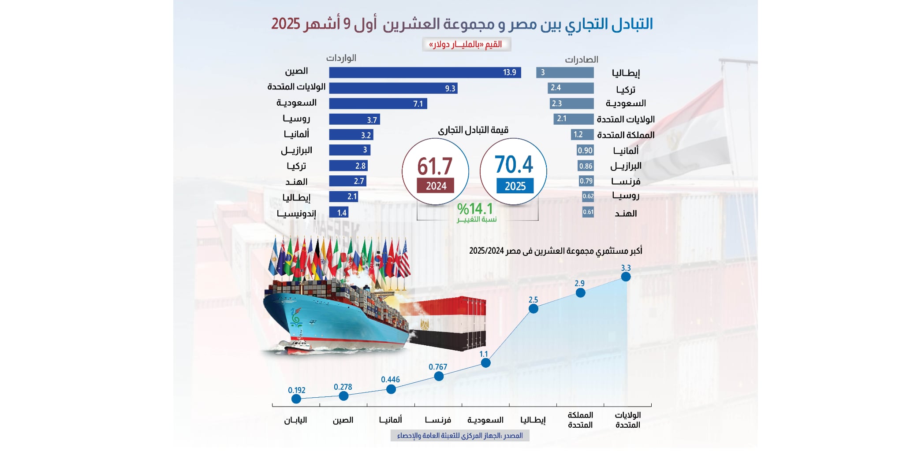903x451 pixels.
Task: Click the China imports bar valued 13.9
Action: coord(425,73)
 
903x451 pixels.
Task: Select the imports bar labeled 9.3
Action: coord(393,89)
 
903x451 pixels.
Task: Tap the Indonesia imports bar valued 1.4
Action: coord(339,213)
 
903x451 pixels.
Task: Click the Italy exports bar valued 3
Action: coord(565,73)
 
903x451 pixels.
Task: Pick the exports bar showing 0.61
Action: coord(588,212)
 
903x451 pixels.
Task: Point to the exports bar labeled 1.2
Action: coord(582,135)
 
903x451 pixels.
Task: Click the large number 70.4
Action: coord(514,164)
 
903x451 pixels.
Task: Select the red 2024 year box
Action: coord(436,186)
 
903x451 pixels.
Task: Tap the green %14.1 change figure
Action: coord(475,209)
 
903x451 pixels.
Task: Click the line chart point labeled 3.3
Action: coord(626,277)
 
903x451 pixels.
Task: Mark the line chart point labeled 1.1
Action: coord(485,363)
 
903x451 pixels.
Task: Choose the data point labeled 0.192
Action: coord(296,399)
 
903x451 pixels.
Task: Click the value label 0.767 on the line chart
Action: coord(438,367)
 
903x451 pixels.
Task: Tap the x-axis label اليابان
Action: coord(295,420)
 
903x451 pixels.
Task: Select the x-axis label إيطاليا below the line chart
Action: coord(533,420)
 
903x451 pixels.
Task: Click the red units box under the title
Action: coord(466,44)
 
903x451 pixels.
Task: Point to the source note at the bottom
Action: coord(460,436)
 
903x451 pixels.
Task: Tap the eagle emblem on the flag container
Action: coord(425,324)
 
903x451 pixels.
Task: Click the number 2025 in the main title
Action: coord(286,24)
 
